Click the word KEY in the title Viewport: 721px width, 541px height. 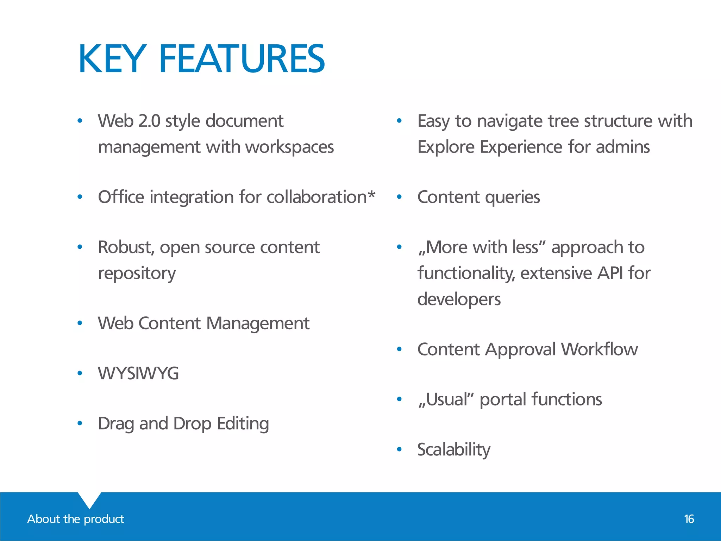(x=112, y=59)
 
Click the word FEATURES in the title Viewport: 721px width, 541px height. (x=242, y=59)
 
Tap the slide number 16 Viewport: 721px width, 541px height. (x=689, y=519)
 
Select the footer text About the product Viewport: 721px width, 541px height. (x=76, y=519)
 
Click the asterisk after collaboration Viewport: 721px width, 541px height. (x=371, y=194)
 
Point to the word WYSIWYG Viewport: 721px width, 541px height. (x=138, y=373)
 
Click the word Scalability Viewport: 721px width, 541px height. (x=454, y=450)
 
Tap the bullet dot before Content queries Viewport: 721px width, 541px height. (x=399, y=197)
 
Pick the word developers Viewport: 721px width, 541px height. (x=459, y=299)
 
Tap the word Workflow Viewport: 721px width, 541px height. (x=600, y=349)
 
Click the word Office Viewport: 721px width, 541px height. (x=121, y=197)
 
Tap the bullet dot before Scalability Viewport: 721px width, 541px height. (x=399, y=449)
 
